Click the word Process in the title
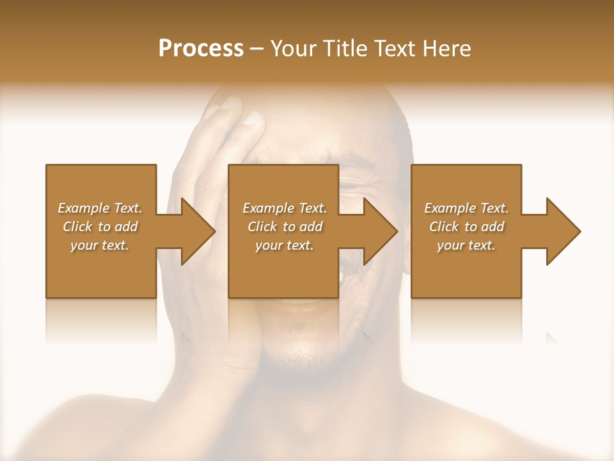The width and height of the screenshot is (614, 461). pyautogui.click(x=201, y=49)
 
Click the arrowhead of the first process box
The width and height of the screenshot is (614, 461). pyautogui.click(x=198, y=231)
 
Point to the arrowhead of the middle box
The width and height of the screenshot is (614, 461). pyautogui.click(x=381, y=231)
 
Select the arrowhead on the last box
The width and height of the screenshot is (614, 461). pyautogui.click(x=563, y=231)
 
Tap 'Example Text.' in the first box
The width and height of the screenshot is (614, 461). pyautogui.click(x=100, y=208)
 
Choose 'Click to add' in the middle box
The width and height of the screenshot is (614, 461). pyautogui.click(x=285, y=227)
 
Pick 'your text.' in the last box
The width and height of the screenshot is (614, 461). pyautogui.click(x=466, y=245)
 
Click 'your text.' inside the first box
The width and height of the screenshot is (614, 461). pyautogui.click(x=100, y=245)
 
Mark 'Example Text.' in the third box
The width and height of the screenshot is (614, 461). pyautogui.click(x=466, y=208)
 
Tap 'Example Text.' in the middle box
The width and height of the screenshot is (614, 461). pyautogui.click(x=285, y=208)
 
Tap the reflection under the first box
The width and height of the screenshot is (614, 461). pyautogui.click(x=101, y=320)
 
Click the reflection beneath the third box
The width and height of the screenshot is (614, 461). pyautogui.click(x=466, y=320)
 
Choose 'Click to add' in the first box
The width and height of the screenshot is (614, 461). pyautogui.click(x=100, y=227)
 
